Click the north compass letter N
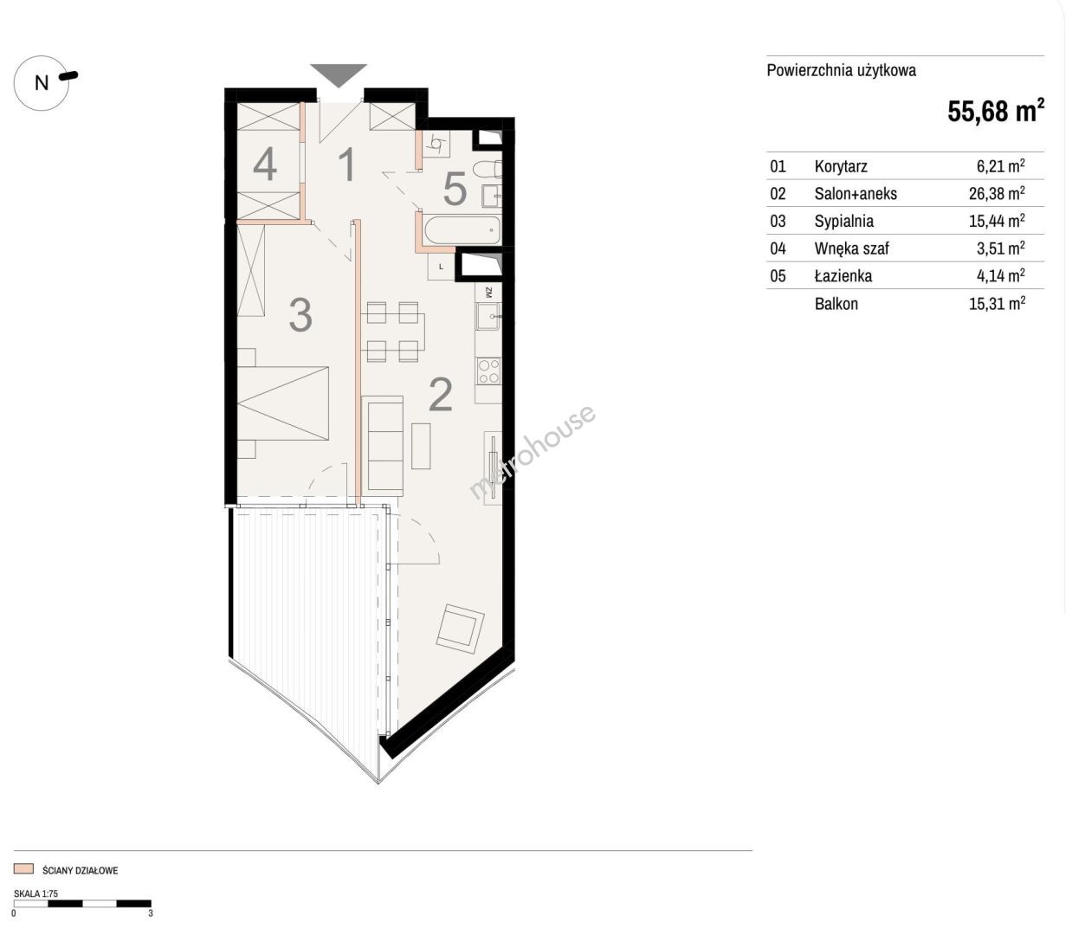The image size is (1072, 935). tap(42, 83)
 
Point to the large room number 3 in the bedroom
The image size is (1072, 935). tap(300, 315)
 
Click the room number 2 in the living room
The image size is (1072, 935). tap(440, 395)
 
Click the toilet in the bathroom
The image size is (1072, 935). tap(488, 169)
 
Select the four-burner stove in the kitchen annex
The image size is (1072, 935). tap(488, 371)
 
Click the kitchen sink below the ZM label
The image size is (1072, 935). tap(488, 316)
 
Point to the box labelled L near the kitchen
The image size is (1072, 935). tap(441, 267)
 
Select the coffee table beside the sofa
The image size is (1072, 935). tap(421, 446)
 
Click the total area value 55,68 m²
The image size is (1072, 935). tap(996, 111)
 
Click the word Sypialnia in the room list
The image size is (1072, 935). tap(843, 221)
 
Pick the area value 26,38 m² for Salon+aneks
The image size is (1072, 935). tap(997, 193)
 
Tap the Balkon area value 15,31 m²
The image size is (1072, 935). tap(997, 303)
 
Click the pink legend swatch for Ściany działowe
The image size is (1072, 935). tap(23, 868)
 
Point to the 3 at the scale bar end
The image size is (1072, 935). tap(151, 913)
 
